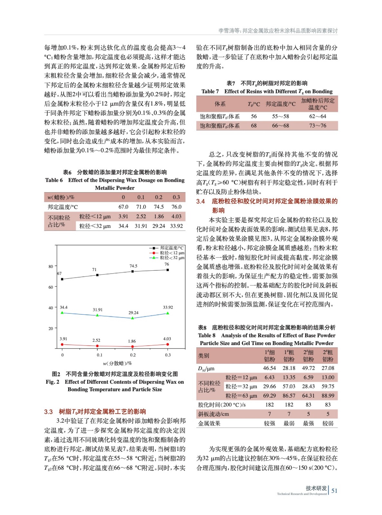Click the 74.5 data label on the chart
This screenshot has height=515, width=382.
click(133, 266)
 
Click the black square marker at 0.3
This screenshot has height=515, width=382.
click(168, 270)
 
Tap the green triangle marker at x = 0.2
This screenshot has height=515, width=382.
click(133, 318)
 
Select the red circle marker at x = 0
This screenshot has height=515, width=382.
click(62, 344)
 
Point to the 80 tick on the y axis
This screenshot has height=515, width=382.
click(51, 267)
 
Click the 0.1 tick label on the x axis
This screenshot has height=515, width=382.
click(99, 355)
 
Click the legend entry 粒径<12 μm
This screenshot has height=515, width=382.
click(172, 253)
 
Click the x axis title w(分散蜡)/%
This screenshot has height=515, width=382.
click(117, 363)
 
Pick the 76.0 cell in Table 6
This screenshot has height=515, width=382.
click(176, 207)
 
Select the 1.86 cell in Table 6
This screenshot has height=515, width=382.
click(159, 217)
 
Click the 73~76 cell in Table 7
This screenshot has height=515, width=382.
click(318, 126)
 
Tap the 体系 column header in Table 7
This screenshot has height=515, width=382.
click(220, 104)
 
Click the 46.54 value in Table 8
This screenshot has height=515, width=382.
click(269, 368)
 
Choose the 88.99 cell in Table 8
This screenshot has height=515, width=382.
click(328, 396)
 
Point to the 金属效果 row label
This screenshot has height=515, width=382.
click(209, 424)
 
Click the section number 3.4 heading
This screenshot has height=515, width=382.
click(200, 201)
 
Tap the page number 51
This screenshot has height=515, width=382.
click(334, 491)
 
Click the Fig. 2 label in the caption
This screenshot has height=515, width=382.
click(52, 382)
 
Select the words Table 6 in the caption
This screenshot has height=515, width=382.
click(54, 180)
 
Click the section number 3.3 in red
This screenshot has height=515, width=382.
click(48, 412)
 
